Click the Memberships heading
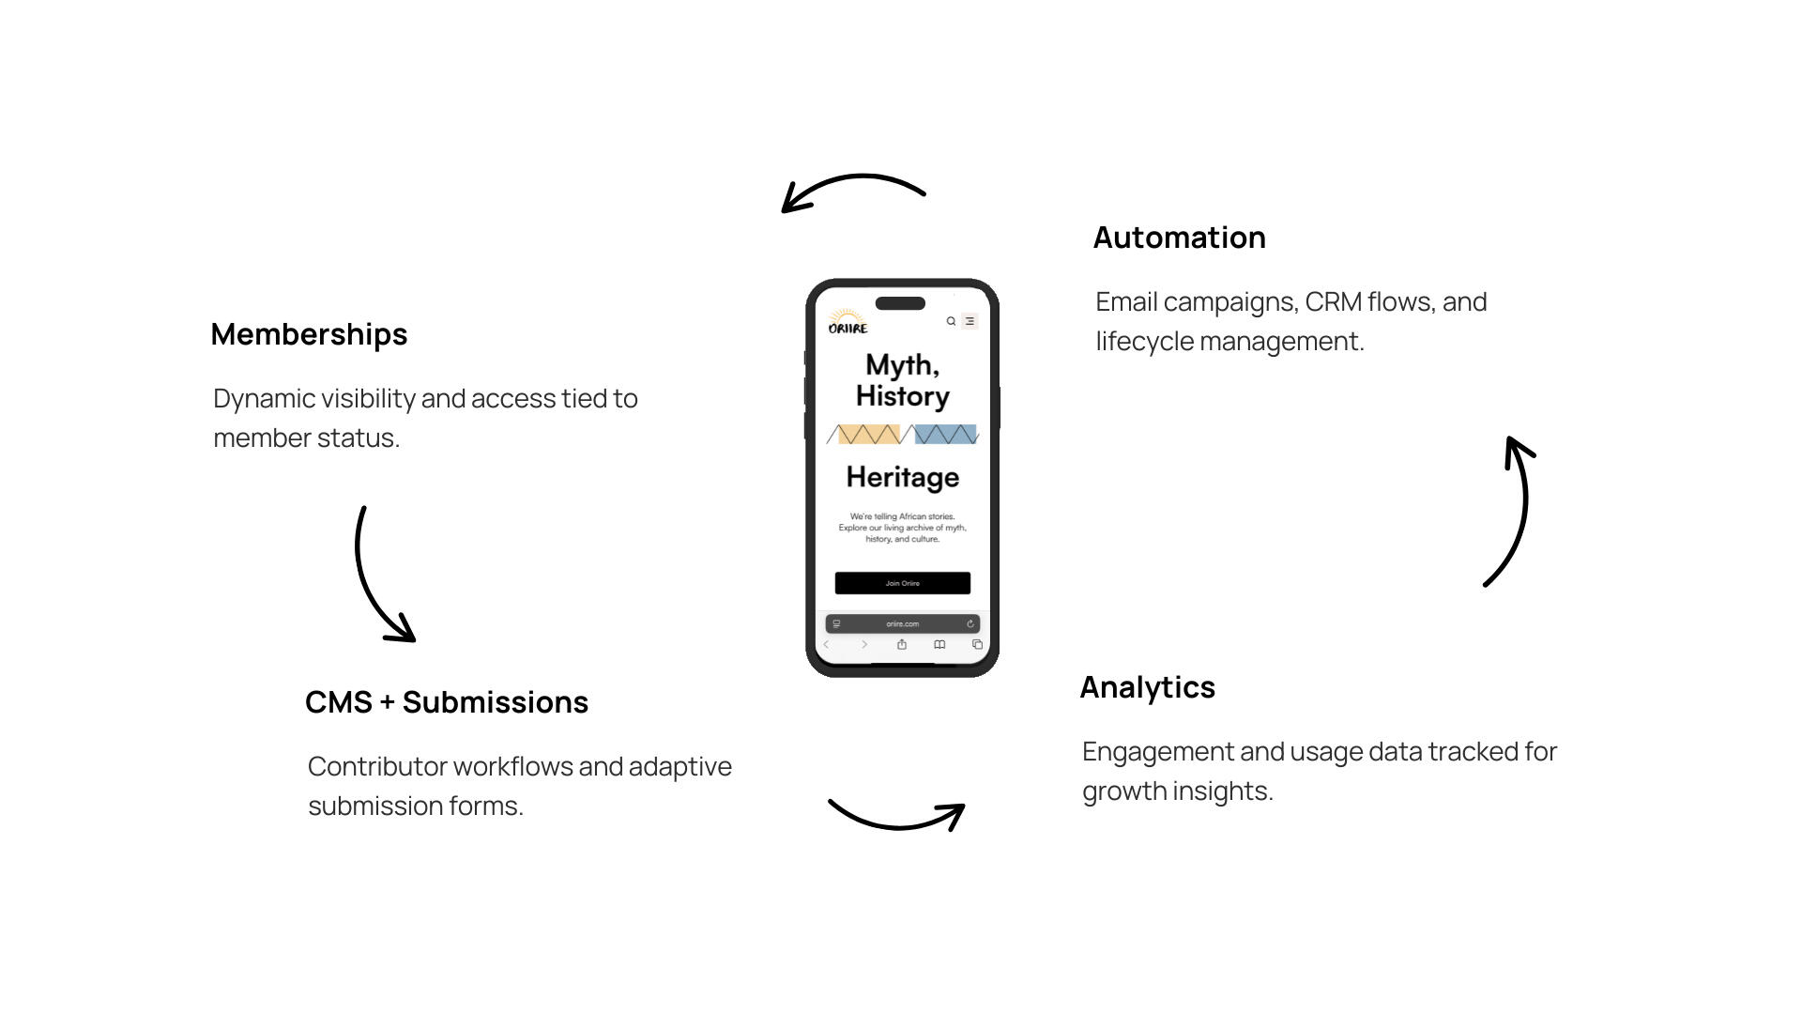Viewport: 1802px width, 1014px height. (x=309, y=334)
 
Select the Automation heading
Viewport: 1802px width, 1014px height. (x=1179, y=238)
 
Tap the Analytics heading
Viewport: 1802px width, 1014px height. (x=1147, y=687)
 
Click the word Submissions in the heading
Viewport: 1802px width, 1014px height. (x=495, y=702)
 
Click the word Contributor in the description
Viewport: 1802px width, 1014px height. (x=376, y=767)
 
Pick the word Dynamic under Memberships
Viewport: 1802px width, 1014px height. (x=264, y=399)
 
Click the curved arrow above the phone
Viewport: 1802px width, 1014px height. (x=853, y=188)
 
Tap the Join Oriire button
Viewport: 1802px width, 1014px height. (x=902, y=583)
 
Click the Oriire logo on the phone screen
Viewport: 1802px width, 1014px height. (x=848, y=322)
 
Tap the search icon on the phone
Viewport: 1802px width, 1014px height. (x=951, y=321)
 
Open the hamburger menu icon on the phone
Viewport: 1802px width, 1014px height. (x=970, y=321)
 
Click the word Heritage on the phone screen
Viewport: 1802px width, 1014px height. (x=902, y=477)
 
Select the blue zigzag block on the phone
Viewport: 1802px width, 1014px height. (x=945, y=434)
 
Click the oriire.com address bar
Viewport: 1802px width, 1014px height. (x=902, y=623)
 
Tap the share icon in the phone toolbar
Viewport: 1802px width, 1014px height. (x=902, y=644)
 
